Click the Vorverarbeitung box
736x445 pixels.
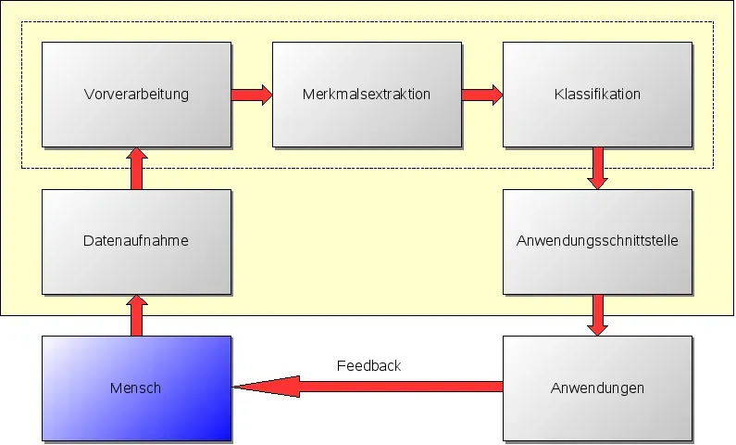click(x=136, y=94)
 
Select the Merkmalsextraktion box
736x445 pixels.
click(x=367, y=94)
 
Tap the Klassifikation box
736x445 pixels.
click(x=597, y=94)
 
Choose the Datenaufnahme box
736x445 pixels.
click(x=136, y=241)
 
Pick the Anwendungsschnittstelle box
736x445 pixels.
click(x=597, y=241)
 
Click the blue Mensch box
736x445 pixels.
click(x=136, y=388)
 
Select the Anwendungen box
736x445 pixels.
click(x=597, y=388)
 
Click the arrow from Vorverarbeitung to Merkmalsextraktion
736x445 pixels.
click(x=252, y=94)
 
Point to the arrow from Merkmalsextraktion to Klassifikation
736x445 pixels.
click(x=481, y=94)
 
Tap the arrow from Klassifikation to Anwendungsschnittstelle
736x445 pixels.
click(x=597, y=168)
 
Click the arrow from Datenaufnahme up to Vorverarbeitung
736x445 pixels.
click(x=136, y=168)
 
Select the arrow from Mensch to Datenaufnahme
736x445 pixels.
click(x=136, y=315)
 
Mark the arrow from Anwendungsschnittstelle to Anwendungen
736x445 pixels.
click(x=597, y=315)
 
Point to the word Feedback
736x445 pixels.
click(x=368, y=365)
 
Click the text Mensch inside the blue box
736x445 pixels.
click(x=136, y=388)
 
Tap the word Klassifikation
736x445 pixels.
click(x=597, y=94)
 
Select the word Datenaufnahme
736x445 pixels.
click(x=136, y=241)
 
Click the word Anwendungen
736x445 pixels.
click(x=597, y=388)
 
